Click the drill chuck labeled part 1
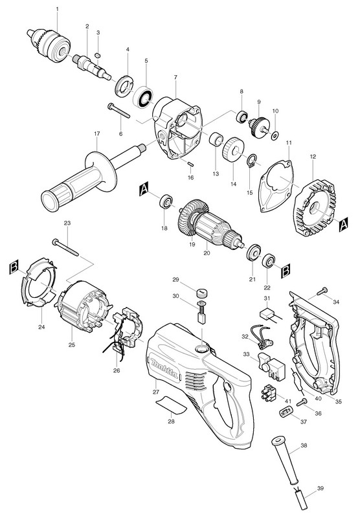(x=50, y=45)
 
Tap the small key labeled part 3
(x=98, y=54)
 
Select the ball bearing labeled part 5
(x=142, y=96)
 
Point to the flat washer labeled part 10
(x=275, y=135)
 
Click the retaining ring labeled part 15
(x=252, y=161)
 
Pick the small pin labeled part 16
(x=190, y=163)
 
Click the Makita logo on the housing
(x=165, y=366)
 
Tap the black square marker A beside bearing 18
(x=144, y=188)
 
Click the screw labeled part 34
(x=322, y=291)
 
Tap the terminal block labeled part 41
(x=269, y=393)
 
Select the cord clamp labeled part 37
(x=286, y=412)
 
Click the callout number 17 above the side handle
(x=96, y=134)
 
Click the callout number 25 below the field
(x=72, y=345)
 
